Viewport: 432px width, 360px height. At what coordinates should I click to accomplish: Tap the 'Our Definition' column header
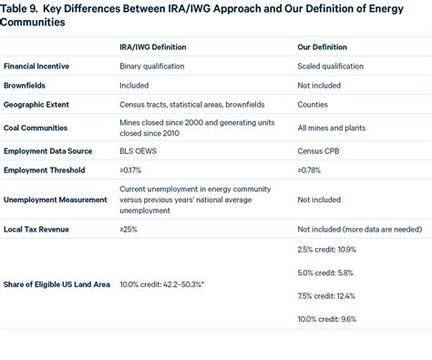pyautogui.click(x=322, y=46)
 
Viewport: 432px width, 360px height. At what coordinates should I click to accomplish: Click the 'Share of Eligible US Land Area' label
pyautogui.click(x=57, y=284)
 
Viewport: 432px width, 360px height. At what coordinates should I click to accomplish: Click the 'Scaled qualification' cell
pyautogui.click(x=329, y=67)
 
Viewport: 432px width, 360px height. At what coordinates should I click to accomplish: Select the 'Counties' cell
pyautogui.click(x=314, y=105)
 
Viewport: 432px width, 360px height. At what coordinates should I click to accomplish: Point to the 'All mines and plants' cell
pyautogui.click(x=331, y=129)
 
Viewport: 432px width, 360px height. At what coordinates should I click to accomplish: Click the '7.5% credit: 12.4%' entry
pyautogui.click(x=326, y=296)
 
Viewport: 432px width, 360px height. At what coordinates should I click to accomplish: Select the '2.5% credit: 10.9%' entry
pyautogui.click(x=326, y=249)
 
